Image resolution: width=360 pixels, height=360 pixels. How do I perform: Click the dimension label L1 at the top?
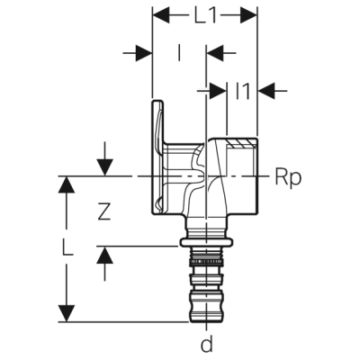(x=205, y=15)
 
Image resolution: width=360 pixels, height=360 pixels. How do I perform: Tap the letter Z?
(x=104, y=213)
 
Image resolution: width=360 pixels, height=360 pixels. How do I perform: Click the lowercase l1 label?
(x=241, y=90)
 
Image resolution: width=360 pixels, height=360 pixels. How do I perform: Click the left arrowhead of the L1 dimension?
(x=158, y=15)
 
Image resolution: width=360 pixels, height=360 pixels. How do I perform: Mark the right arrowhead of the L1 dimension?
(x=253, y=15)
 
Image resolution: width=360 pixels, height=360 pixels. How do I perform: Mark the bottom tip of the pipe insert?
(x=207, y=319)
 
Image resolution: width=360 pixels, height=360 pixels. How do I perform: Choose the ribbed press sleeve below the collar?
(x=207, y=270)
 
